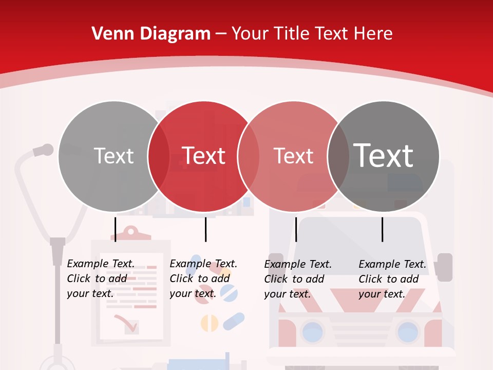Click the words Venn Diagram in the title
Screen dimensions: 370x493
point(151,34)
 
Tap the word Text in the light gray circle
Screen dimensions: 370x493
point(114,156)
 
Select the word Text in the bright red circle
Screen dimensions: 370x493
point(204,156)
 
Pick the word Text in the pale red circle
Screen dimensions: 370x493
point(293,156)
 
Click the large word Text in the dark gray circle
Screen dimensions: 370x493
point(383,155)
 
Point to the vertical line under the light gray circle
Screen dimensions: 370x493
point(116,229)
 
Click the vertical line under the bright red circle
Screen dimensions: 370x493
point(205,229)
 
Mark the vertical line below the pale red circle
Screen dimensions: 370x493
point(296,229)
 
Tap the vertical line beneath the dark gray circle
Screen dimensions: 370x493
point(382,229)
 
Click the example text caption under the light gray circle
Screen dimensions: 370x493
point(101,279)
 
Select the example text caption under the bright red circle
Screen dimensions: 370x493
point(203,279)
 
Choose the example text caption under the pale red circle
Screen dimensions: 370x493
point(298,279)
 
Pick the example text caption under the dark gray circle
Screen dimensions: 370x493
point(392,279)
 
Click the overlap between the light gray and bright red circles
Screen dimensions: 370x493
point(158,156)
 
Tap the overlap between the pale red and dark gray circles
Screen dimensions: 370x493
point(338,156)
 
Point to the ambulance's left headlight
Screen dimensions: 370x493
point(312,331)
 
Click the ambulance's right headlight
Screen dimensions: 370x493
point(408,331)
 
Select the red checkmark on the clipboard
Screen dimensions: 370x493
point(125,323)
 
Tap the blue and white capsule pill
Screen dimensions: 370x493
point(234,321)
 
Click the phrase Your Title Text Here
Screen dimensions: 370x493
point(312,34)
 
